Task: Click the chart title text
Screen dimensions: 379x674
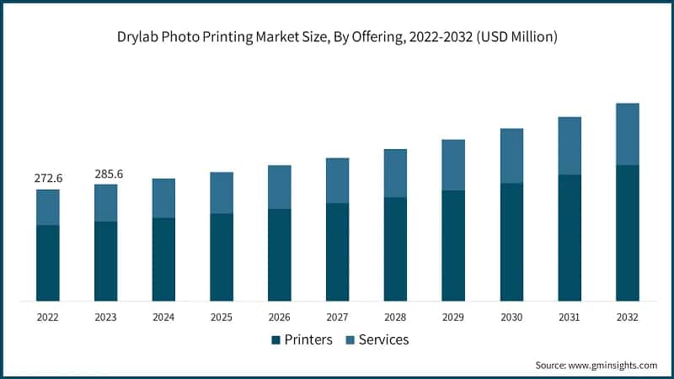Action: coord(337,37)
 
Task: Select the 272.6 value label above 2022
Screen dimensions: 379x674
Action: coord(48,179)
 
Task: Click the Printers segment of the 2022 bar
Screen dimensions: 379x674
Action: coord(48,263)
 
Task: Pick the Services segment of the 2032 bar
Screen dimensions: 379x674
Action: coord(628,134)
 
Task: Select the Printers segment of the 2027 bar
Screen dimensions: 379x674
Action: coord(338,252)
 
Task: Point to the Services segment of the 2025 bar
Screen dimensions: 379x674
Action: coord(222,193)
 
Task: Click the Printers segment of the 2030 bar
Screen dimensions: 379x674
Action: coord(511,242)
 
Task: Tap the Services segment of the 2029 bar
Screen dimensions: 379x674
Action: coord(453,165)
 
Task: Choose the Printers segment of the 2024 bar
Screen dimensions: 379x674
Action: coord(163,259)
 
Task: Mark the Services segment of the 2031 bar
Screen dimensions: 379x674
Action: coord(570,146)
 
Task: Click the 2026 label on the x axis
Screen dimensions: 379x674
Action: coord(280,318)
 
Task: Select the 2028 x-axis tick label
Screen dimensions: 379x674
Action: coord(395,318)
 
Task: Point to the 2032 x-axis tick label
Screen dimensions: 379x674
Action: coord(628,318)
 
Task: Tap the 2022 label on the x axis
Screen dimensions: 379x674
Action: coord(48,318)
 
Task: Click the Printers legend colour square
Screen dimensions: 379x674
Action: coord(275,340)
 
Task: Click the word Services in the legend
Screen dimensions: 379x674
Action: coord(383,339)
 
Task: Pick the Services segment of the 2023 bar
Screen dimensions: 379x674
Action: coord(106,203)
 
